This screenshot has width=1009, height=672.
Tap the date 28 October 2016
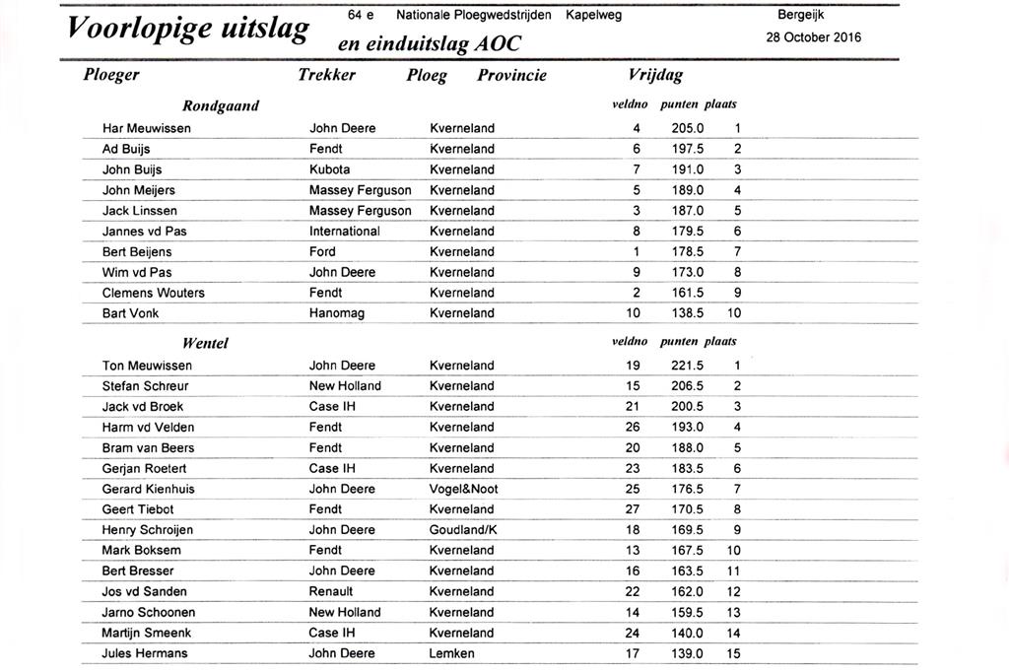(x=814, y=37)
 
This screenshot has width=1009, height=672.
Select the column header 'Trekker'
(x=326, y=75)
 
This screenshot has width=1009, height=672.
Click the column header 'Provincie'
(x=511, y=76)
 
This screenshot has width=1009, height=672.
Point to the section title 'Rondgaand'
(x=221, y=105)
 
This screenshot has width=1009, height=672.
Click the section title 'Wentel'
(x=205, y=343)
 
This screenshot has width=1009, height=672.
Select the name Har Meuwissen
(x=147, y=128)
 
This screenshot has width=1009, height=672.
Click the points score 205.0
(x=687, y=128)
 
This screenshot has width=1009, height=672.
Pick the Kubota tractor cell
(x=329, y=169)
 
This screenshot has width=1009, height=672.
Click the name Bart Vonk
(x=130, y=313)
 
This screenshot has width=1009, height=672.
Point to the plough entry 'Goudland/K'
(x=463, y=530)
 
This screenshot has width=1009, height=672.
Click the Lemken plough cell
(x=451, y=653)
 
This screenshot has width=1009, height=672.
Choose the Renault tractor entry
(x=331, y=591)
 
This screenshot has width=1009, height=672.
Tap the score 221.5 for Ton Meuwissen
(x=687, y=366)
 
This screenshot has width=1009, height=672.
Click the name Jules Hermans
(x=145, y=653)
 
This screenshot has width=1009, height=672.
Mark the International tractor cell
(x=344, y=232)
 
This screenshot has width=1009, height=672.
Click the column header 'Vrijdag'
(x=655, y=75)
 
